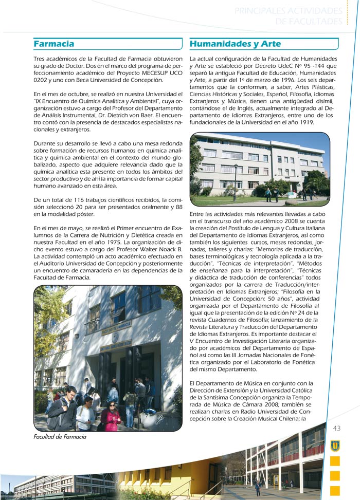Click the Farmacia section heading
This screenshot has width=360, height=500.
54,44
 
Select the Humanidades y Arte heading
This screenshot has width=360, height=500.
235,44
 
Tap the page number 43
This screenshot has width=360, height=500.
337,429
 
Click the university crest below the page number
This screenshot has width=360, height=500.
335,446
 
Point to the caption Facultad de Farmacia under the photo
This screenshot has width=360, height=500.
60,437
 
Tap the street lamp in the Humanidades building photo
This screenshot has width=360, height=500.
235,182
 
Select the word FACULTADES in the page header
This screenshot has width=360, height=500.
309,22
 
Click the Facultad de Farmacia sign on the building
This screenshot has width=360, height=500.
115,325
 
